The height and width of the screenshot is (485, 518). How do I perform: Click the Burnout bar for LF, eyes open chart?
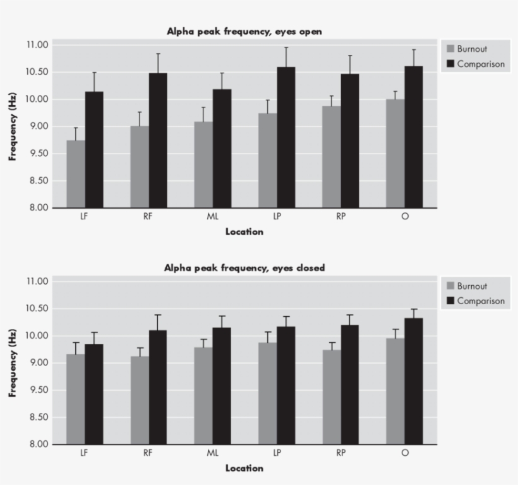76,174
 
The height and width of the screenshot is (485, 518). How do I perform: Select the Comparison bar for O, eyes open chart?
414,137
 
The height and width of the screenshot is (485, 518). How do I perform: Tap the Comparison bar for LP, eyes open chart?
286,137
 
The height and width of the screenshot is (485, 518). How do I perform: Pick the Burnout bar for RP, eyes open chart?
331,157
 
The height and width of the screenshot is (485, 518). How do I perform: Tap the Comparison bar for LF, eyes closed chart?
94,394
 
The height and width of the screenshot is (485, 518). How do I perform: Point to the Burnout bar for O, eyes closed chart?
395,391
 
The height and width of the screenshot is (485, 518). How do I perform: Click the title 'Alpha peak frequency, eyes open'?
244,32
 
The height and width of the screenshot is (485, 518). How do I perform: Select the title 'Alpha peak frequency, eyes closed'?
244,268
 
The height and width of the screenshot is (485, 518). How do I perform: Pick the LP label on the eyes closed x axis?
277,453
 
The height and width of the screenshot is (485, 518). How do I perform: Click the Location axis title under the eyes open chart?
244,231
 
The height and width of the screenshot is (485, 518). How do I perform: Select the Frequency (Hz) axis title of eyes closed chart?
12,362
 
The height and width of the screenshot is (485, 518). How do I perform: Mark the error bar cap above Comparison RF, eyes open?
158,54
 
